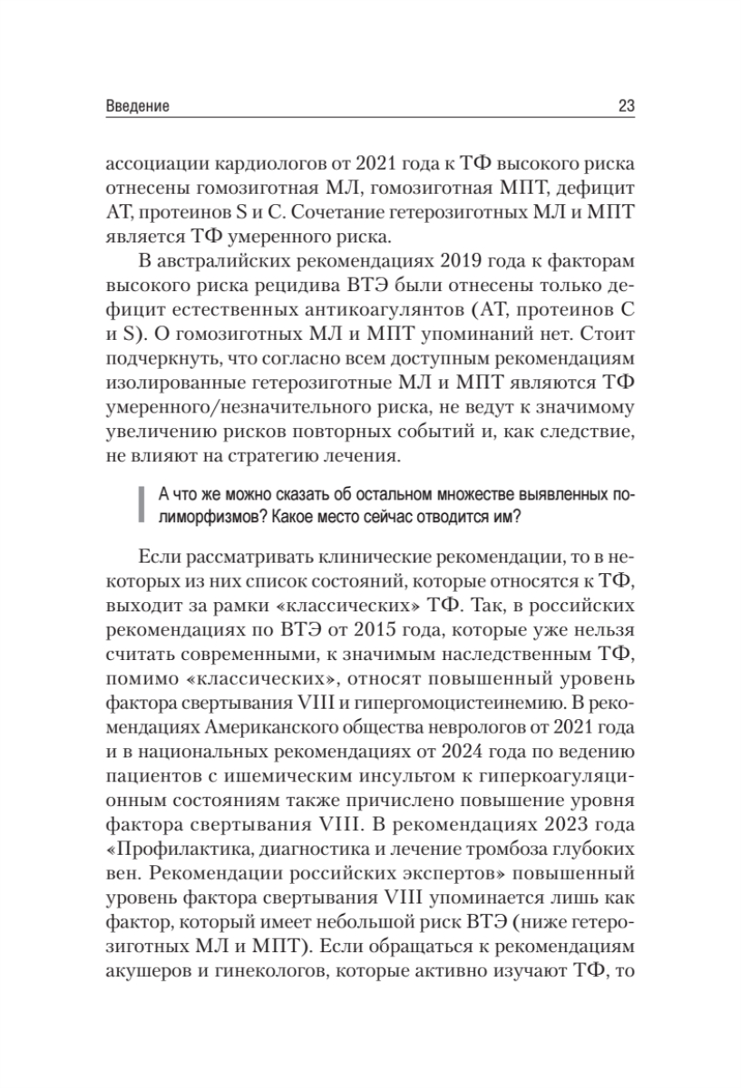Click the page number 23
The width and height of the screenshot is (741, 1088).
625,106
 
